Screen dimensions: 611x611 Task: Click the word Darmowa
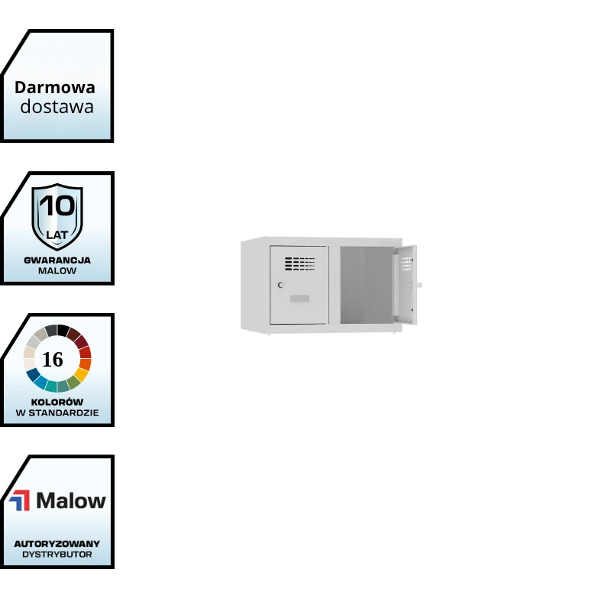click(55, 87)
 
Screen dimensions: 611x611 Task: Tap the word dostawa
click(57, 107)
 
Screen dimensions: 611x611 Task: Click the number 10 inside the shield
click(57, 205)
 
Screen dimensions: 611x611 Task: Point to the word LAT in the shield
click(57, 234)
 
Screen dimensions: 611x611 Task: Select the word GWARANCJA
click(57, 260)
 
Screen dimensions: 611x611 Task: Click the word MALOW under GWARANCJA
click(57, 271)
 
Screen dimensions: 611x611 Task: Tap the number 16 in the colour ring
click(53, 359)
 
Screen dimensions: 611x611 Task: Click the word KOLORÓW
click(57, 402)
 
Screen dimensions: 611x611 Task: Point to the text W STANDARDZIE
click(57, 413)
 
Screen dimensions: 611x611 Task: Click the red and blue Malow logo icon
click(21, 500)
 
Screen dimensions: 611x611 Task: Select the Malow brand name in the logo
click(71, 500)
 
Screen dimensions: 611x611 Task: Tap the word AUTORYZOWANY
click(57, 544)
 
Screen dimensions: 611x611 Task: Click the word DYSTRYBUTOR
click(57, 554)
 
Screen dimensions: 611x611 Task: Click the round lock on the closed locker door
click(280, 285)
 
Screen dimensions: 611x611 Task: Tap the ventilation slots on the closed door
click(299, 263)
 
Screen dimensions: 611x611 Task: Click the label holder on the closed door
click(299, 298)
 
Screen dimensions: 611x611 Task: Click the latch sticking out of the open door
click(419, 285)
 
